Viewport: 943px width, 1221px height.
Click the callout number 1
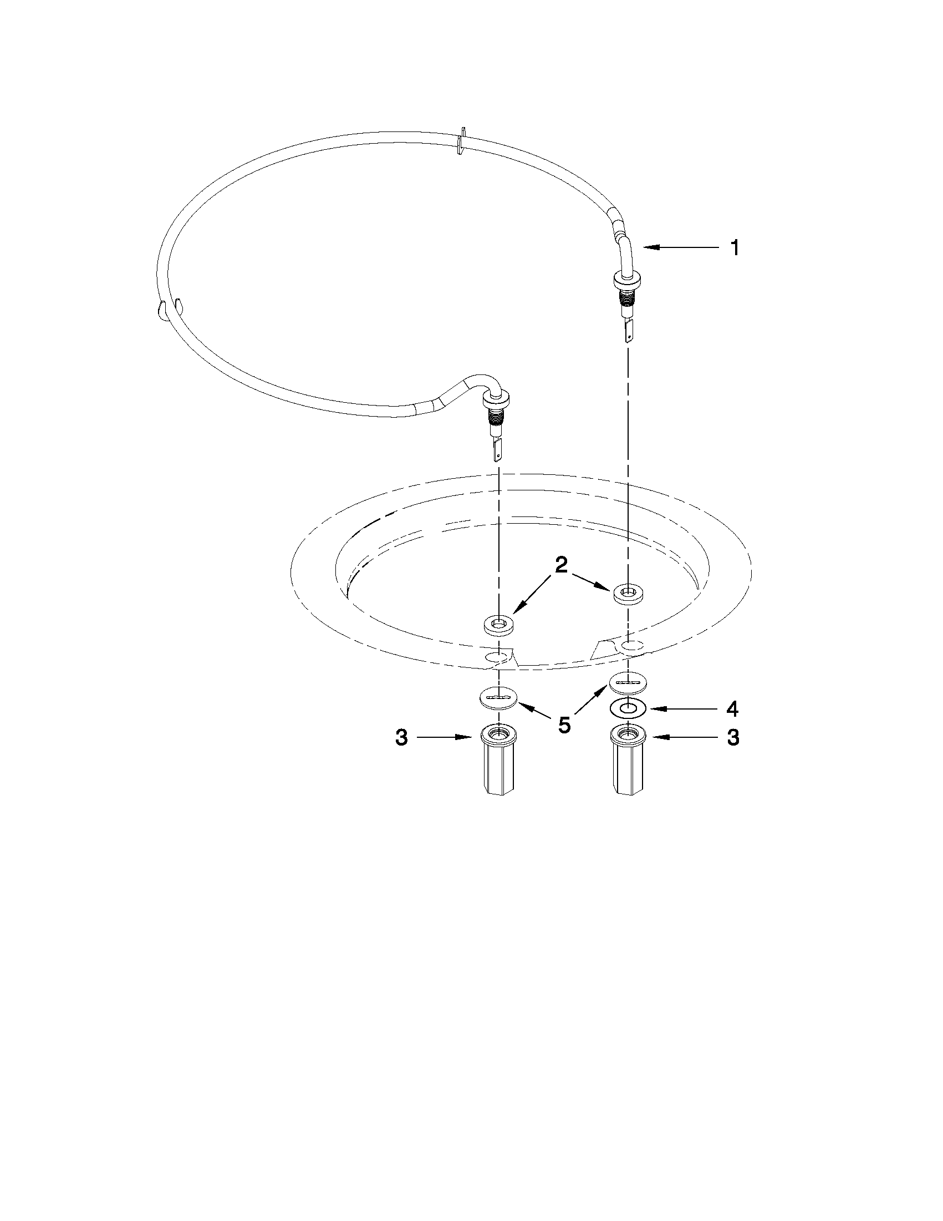[x=735, y=247]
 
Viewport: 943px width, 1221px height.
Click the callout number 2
[x=561, y=565]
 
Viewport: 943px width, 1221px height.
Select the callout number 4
[x=732, y=709]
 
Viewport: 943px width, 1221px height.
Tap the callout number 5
[x=564, y=725]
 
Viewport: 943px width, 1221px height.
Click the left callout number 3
[x=402, y=738]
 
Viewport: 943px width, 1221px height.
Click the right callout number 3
[x=733, y=738]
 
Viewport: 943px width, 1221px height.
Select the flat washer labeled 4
[x=629, y=708]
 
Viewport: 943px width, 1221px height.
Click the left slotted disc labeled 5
[x=498, y=698]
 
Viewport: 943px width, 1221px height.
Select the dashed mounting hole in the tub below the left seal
[x=498, y=656]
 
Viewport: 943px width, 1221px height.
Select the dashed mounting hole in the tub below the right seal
[x=629, y=646]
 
